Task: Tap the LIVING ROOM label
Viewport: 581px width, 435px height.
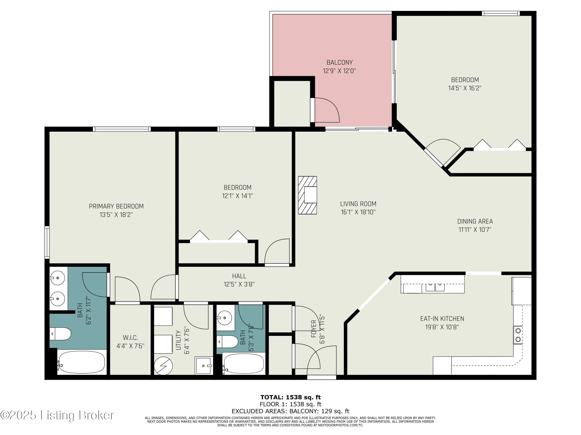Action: tap(358, 204)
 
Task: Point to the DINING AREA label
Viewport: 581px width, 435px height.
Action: tap(475, 221)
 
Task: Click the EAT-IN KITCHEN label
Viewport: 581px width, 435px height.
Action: tap(442, 319)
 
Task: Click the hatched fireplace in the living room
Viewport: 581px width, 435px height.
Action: tap(307, 195)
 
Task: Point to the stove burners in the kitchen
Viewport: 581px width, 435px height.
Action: tap(518, 335)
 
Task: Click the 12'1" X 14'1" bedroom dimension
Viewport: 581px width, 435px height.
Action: tap(237, 196)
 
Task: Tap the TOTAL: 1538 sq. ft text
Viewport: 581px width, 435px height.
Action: tap(290, 397)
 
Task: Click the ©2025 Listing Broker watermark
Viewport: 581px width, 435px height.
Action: tap(57, 415)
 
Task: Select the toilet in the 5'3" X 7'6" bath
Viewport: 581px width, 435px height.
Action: tap(228, 341)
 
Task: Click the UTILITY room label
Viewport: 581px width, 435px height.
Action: tap(179, 340)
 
